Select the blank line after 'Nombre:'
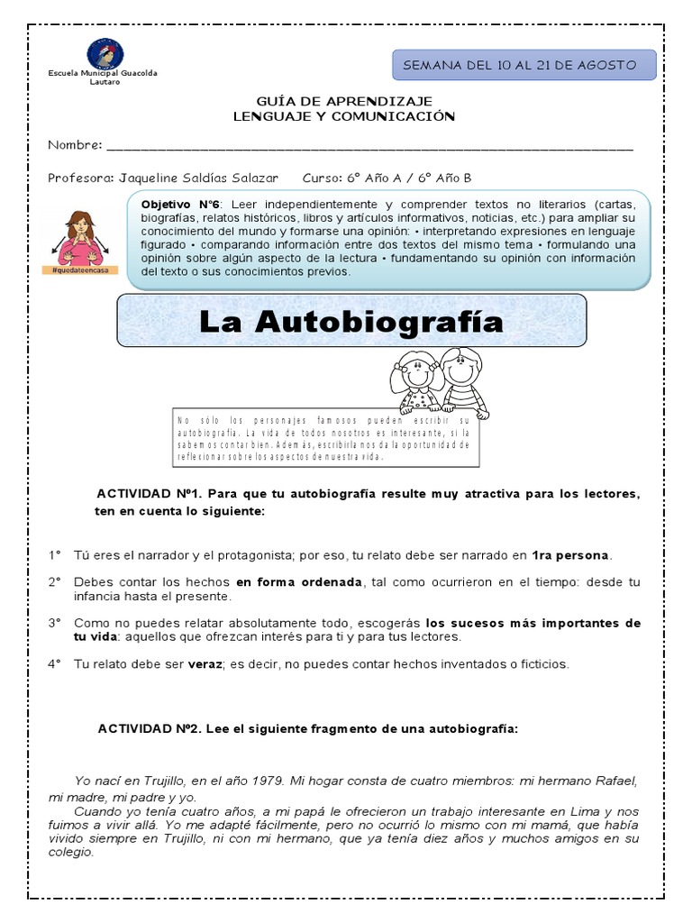point(369,145)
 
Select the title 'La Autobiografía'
point(351,322)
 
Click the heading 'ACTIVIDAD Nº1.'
point(149,495)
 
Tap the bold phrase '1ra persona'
point(570,554)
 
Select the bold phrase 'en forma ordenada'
point(298,582)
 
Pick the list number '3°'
point(55,623)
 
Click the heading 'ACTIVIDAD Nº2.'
point(149,728)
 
